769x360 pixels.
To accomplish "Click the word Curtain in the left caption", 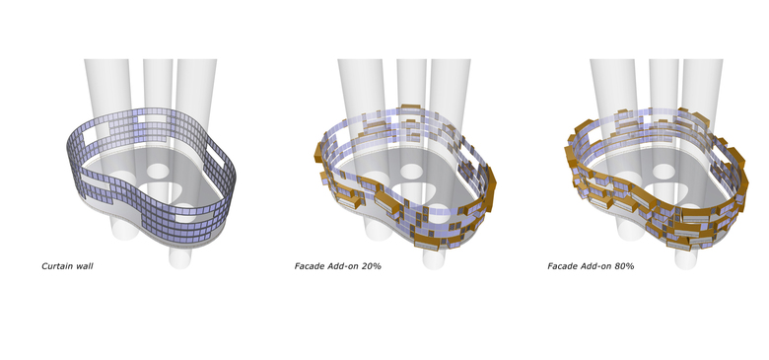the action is point(57,266).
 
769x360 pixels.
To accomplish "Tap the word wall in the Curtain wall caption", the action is point(84,266).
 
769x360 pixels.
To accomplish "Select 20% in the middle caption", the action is point(372,266).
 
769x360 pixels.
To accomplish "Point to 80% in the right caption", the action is point(624,266).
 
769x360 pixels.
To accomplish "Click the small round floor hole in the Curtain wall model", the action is point(158,172).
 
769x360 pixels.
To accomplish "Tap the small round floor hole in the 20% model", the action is point(411,172).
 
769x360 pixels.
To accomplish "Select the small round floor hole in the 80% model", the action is point(664,172).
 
